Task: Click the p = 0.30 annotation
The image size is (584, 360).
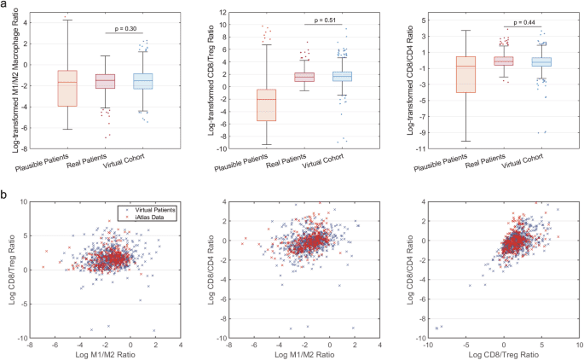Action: point(124,29)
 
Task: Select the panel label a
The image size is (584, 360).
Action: point(5,6)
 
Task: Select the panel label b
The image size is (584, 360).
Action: point(5,195)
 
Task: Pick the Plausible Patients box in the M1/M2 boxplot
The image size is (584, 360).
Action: point(67,88)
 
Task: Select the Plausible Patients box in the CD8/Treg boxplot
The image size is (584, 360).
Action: point(267,105)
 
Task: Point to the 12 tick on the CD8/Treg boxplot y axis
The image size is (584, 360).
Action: point(220,13)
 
